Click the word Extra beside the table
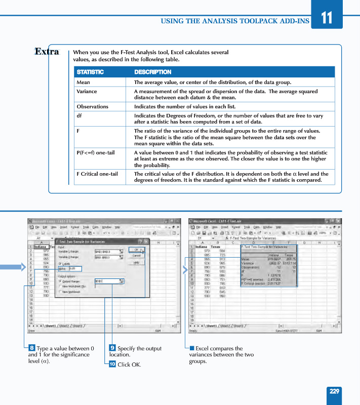[47, 52]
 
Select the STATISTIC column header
[90, 72]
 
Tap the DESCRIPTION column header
[152, 72]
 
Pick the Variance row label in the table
[87, 92]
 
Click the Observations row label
[92, 107]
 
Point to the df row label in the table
[79, 116]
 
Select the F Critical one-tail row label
[97, 174]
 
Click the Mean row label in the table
[84, 82]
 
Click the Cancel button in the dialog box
[136, 256]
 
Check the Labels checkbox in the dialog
[61, 264]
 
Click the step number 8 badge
[32, 348]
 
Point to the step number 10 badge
[112, 363]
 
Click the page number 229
[334, 391]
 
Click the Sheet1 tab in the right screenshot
[211, 326]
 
